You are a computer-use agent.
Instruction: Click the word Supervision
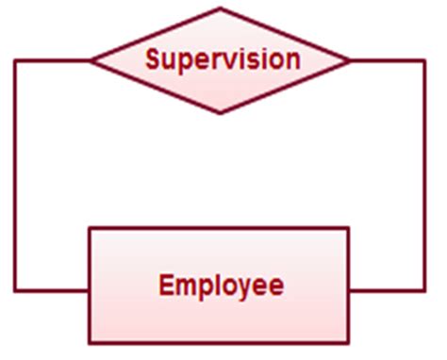pos(223,59)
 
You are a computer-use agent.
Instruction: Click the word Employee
pos(221,285)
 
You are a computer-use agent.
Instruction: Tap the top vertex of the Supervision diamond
pos(221,9)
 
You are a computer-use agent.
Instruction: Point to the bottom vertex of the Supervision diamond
pos(221,113)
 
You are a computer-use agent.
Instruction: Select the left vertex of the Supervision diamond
pos(91,61)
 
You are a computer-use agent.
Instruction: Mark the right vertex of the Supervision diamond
pos(350,61)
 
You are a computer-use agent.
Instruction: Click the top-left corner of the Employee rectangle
pos(90,228)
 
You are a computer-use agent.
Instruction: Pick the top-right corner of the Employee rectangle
pos(349,228)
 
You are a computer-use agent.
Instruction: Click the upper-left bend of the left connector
pos(15,61)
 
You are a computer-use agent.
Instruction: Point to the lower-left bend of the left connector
pos(15,289)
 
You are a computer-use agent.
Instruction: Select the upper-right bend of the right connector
pos(424,61)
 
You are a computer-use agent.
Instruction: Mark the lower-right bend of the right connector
pos(424,289)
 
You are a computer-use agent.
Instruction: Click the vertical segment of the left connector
pos(15,175)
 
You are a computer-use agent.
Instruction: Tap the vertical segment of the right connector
pos(424,175)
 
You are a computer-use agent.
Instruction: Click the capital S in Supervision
pos(153,59)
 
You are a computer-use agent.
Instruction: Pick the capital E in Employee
pos(166,285)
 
